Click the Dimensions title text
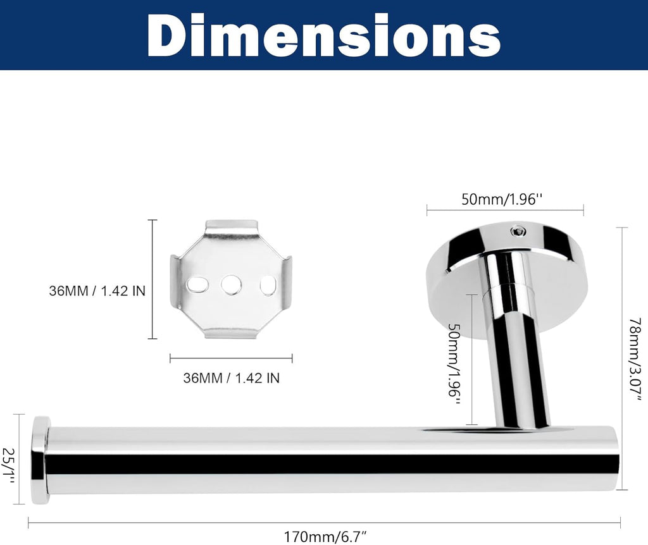tap(323, 36)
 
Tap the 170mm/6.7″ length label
tap(325, 537)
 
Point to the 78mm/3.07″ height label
tap(636, 358)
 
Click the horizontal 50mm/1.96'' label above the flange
tap(501, 199)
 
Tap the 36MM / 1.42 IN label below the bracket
tap(232, 378)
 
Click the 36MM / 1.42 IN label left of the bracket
tap(97, 291)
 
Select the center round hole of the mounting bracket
tap(231, 285)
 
